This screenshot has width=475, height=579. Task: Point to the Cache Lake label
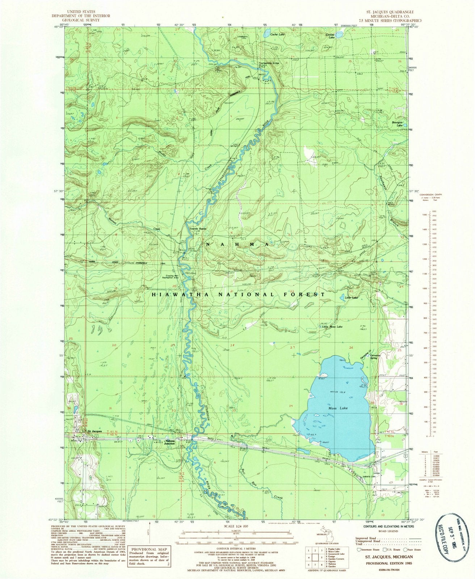(278, 34)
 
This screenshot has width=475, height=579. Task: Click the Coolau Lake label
(331, 36)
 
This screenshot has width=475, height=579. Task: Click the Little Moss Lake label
(330, 327)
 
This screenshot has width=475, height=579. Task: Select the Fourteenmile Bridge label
(269, 64)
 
